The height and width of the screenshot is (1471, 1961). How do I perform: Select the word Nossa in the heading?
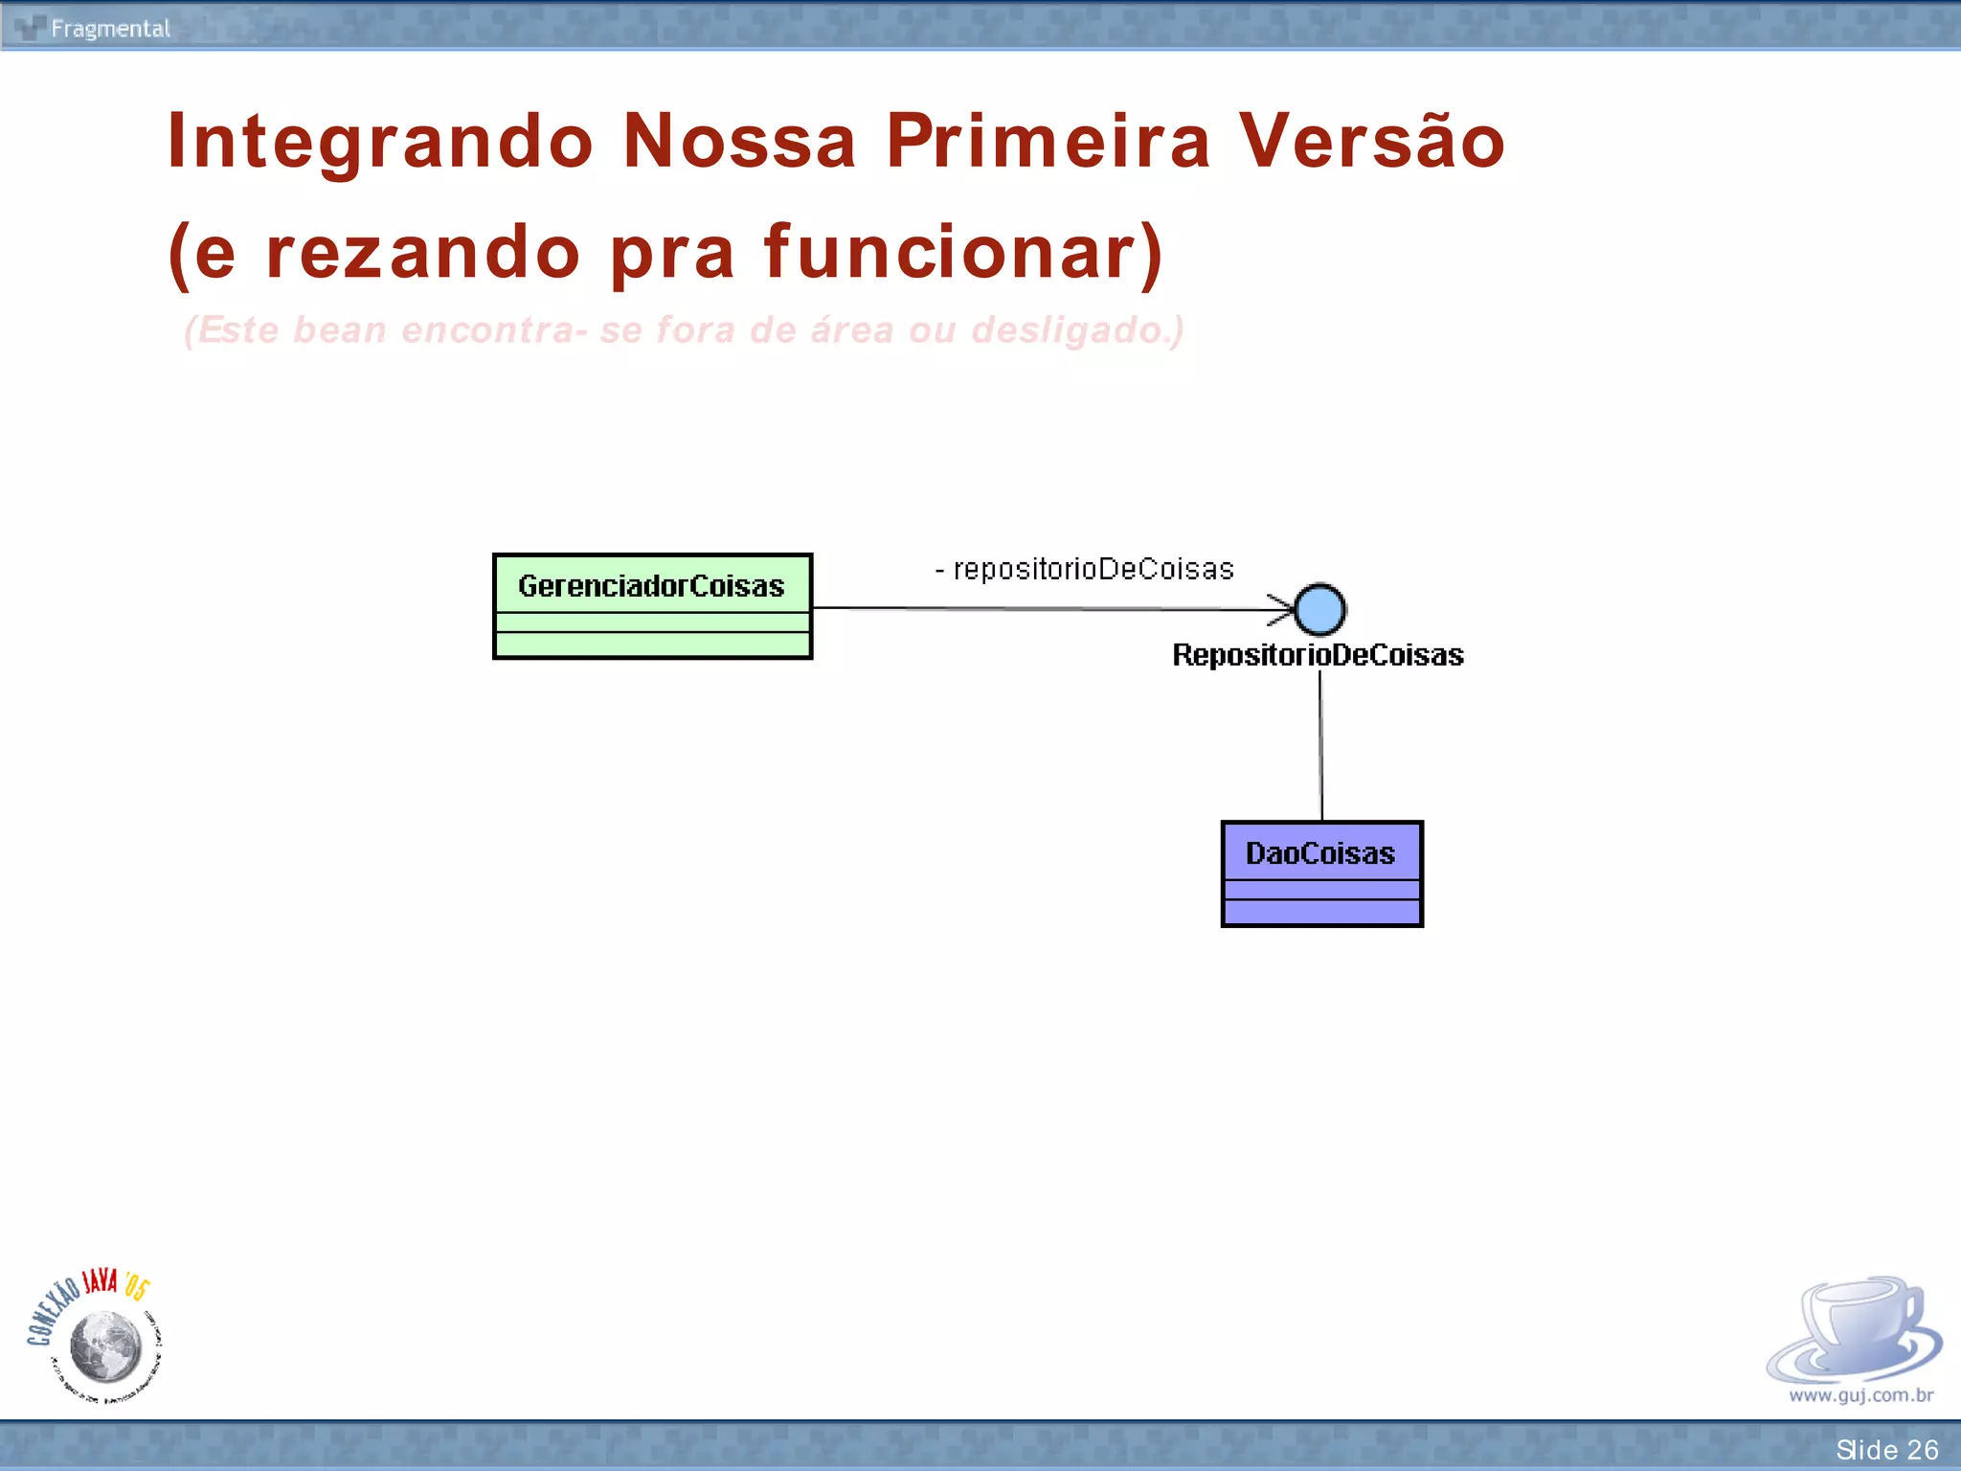(739, 141)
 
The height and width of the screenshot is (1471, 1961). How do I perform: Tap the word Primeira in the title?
(1048, 141)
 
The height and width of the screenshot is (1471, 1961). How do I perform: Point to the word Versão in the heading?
(1372, 141)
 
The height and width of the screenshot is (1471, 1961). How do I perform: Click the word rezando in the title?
(422, 253)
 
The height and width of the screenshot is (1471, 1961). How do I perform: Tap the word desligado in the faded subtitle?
(1071, 330)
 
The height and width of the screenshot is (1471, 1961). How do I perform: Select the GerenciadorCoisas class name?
(651, 585)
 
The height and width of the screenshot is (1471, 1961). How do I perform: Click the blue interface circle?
(1319, 610)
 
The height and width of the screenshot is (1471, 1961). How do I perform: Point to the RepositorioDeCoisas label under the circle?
(1318, 655)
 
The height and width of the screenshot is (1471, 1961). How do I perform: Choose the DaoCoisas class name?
(1320, 853)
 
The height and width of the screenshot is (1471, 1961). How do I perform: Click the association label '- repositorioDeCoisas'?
(1085, 569)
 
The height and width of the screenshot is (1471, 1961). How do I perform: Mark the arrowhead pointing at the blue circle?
(1281, 609)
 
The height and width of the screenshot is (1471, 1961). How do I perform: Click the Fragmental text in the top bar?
(110, 29)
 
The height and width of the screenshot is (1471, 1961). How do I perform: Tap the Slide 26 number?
(1886, 1450)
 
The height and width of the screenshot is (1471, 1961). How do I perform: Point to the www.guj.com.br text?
(1860, 1395)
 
